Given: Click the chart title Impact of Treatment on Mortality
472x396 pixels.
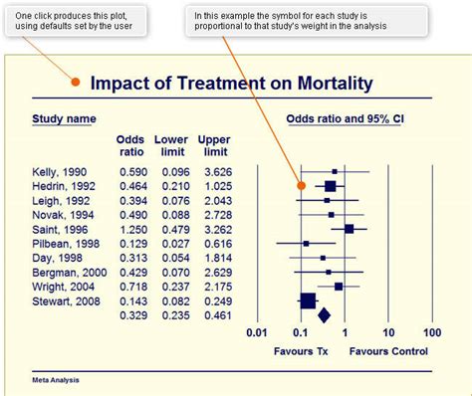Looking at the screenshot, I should pos(231,84).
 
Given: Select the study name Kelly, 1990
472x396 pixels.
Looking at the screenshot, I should pos(59,172).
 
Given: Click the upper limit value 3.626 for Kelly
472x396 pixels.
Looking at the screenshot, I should pos(215,172).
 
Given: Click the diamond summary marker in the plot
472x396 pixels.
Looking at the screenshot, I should pos(323,315).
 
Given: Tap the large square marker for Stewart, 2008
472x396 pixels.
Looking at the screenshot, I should pos(308,299).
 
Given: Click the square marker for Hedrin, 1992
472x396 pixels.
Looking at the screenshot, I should pos(330,186).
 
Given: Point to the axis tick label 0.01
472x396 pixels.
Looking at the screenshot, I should pos(258,333).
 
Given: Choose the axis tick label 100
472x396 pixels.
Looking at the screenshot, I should pos(432,333).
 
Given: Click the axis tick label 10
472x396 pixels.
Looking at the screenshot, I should pos(388,333).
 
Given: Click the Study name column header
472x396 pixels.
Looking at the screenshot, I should pos(64,118).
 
